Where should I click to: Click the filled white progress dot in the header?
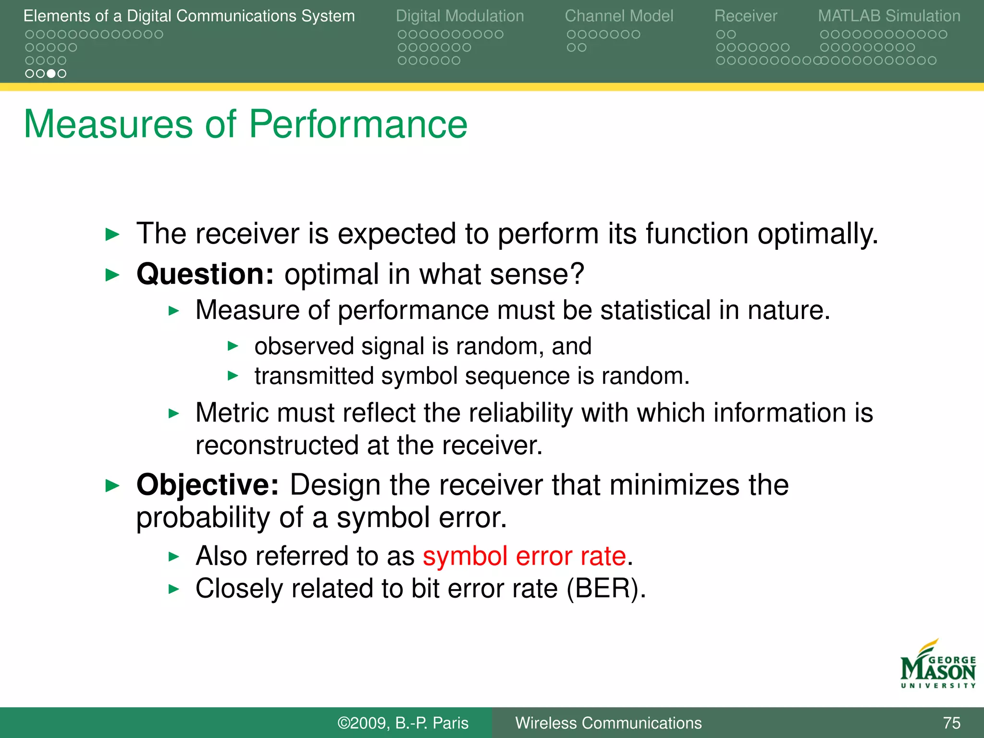(51, 74)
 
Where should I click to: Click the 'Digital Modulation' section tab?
(459, 16)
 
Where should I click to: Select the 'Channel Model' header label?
(618, 16)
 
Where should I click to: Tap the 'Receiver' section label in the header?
(745, 16)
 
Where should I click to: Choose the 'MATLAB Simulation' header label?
(889, 16)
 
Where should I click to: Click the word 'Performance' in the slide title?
(358, 124)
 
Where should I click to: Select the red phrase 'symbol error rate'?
(524, 556)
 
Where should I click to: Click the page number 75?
(951, 723)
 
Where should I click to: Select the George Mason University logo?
(937, 665)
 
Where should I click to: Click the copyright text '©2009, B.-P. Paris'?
(403, 723)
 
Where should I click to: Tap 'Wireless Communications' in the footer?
(608, 723)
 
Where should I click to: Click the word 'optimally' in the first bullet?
(817, 234)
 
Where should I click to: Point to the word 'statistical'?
(655, 310)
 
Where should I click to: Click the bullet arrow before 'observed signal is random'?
(233, 346)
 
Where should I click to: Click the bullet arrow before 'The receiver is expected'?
(112, 234)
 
